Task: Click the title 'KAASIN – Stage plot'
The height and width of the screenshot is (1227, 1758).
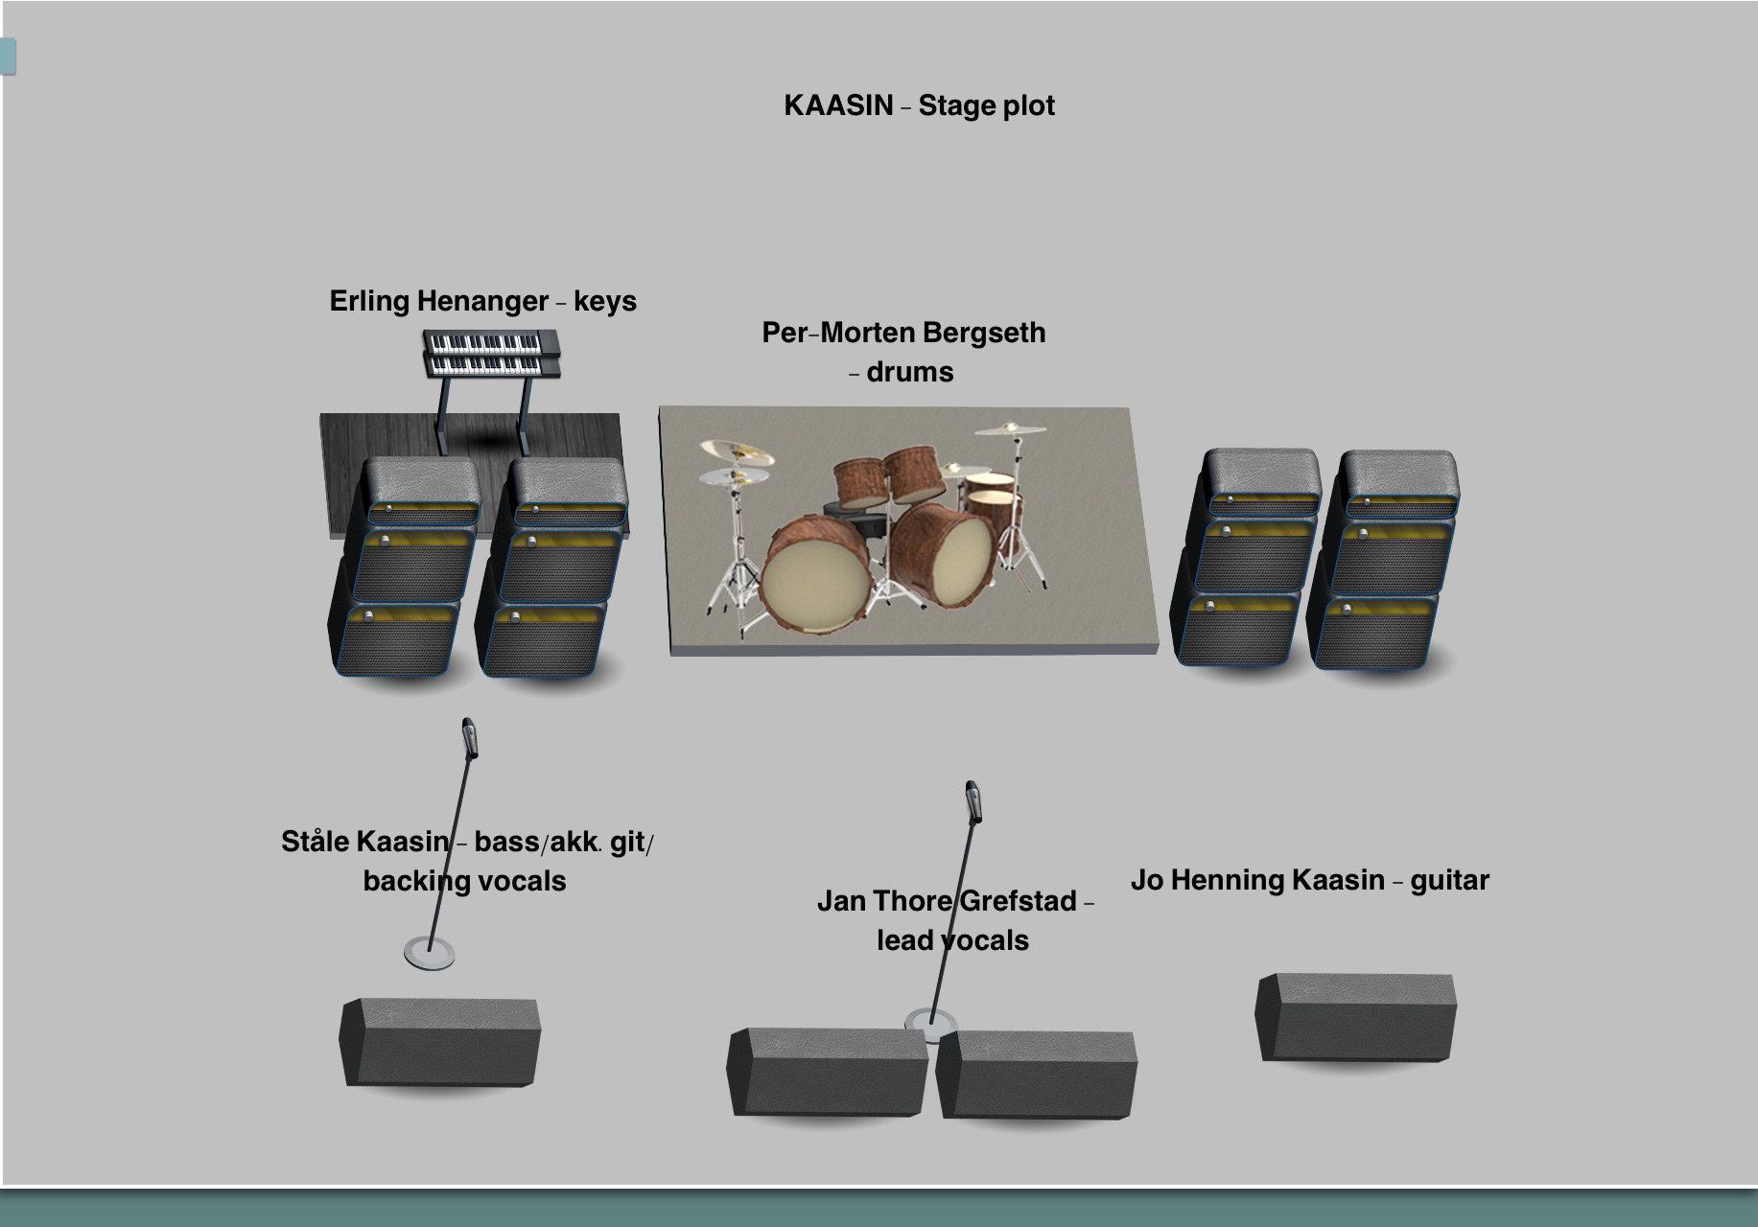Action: click(919, 105)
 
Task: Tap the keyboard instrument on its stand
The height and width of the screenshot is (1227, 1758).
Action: click(491, 354)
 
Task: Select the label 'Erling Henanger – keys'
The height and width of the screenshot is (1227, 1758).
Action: click(482, 301)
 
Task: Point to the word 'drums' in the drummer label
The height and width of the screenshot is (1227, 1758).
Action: click(909, 372)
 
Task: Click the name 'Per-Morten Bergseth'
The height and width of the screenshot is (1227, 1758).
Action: click(903, 333)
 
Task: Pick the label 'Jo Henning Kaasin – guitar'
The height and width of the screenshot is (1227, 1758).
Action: click(1309, 880)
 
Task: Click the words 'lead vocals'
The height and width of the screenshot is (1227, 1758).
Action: click(952, 940)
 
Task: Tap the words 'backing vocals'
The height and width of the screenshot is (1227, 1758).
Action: click(464, 881)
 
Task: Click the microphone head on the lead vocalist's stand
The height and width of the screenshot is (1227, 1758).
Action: click(973, 800)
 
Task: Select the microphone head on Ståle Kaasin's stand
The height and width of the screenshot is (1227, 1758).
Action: click(470, 737)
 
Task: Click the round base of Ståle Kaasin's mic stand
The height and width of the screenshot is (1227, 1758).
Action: click(429, 953)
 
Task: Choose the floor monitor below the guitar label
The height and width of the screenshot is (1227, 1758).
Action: click(1355, 1017)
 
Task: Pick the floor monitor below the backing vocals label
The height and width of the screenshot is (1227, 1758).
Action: click(439, 1042)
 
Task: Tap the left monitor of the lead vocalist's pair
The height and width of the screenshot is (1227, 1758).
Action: click(827, 1072)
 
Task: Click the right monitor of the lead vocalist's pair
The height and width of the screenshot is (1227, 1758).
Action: click(1037, 1075)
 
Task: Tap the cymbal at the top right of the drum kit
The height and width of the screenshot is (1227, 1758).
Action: click(1011, 428)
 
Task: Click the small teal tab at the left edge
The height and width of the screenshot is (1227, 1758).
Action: click(8, 56)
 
